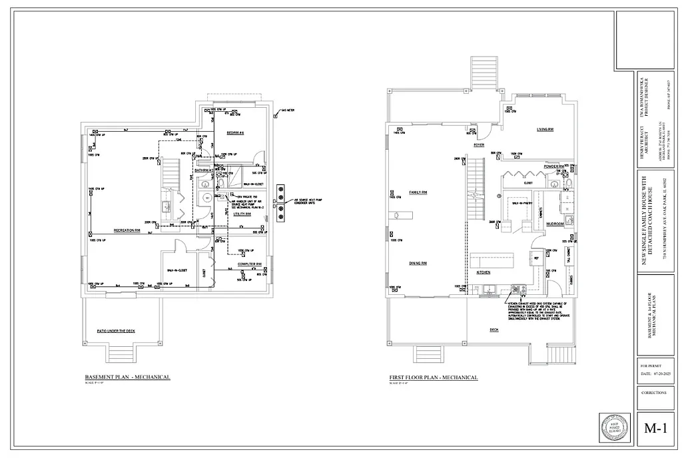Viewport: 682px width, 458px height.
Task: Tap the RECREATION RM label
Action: (x=126, y=230)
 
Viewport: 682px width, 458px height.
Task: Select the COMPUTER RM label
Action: (x=248, y=264)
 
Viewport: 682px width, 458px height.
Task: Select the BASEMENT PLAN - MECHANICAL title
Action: (x=127, y=377)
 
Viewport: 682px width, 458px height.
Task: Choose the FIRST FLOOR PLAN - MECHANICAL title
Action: (x=433, y=377)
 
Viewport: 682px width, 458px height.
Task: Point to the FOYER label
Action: (x=478, y=144)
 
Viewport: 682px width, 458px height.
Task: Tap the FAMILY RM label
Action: (x=418, y=192)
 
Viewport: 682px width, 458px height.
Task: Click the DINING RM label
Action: (x=418, y=264)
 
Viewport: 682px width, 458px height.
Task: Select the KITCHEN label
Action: (x=483, y=273)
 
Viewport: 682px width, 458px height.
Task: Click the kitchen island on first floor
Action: (x=492, y=260)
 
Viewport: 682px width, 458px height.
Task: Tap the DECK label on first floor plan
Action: (x=494, y=329)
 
